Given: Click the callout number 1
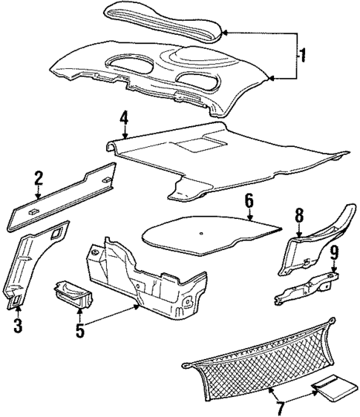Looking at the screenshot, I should (x=302, y=55).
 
